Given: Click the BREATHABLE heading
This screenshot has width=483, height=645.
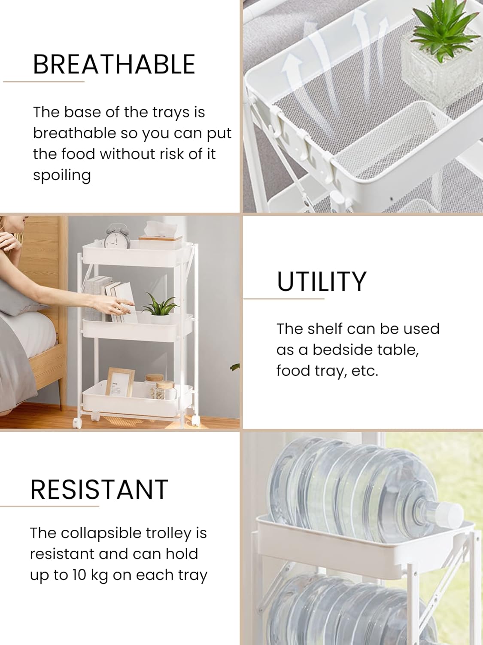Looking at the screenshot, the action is tap(114, 64).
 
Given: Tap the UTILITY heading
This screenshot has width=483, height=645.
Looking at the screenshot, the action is tap(322, 281).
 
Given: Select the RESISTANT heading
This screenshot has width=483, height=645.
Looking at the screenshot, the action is tap(100, 489).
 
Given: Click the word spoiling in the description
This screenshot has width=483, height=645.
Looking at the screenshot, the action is tap(62, 176).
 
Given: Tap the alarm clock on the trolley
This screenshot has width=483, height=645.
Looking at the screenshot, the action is tap(117, 236).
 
